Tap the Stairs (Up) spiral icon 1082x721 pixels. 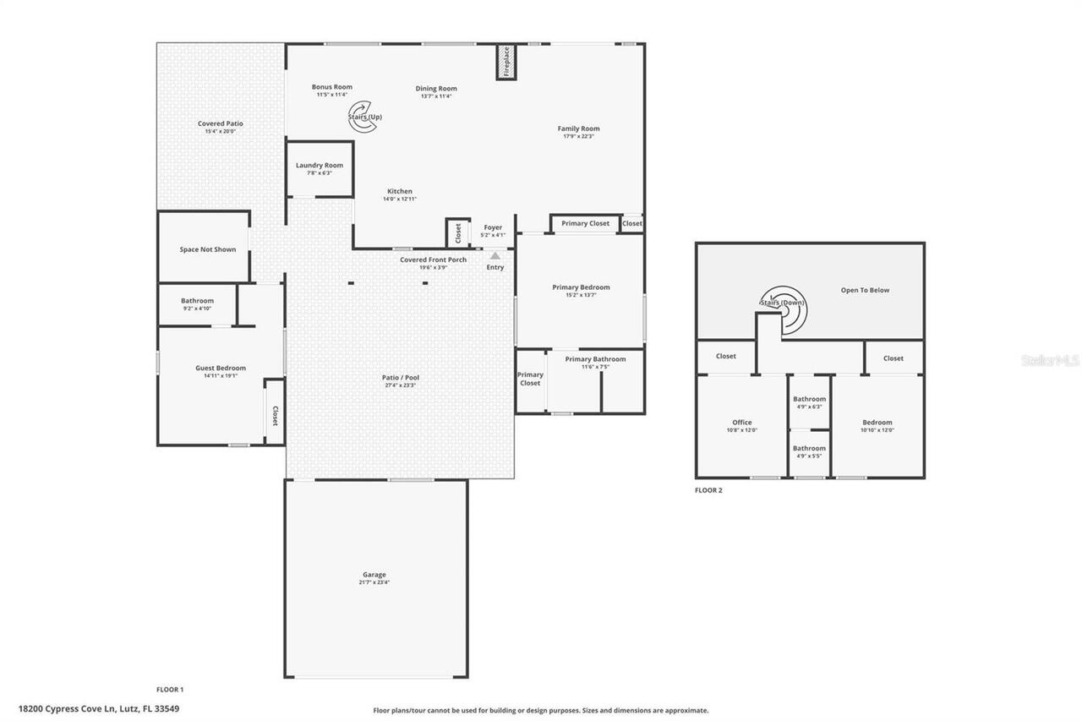[363, 116]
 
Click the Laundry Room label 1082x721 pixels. [320, 165]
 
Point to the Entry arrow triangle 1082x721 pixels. [495, 255]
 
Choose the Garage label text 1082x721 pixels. [375, 574]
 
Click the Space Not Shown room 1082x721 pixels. [207, 249]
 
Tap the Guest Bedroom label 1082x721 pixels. [221, 368]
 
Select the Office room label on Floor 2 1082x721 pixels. [741, 423]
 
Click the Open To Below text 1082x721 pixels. [865, 290]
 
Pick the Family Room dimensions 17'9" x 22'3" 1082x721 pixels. [578, 136]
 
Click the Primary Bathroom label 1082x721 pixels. [595, 359]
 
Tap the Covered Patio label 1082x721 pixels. [221, 123]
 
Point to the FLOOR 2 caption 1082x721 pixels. [708, 490]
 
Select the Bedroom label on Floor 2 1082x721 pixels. [877, 423]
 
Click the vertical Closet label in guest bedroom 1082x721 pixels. [275, 415]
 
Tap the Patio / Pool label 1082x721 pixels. [401, 377]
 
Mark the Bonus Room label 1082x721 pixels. [331, 87]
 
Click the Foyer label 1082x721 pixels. [493, 227]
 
